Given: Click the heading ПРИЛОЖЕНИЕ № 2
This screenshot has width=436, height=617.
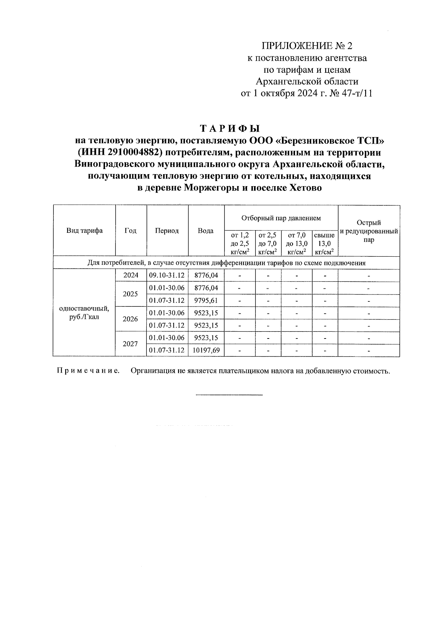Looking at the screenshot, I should pyautogui.click(x=307, y=46).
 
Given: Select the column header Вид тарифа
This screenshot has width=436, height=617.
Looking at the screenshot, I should pyautogui.click(x=84, y=231).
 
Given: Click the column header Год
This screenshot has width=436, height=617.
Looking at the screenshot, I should pyautogui.click(x=130, y=231).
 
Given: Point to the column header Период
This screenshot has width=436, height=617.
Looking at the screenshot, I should pyautogui.click(x=167, y=231).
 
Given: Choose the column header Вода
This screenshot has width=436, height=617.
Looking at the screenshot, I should pyautogui.click(x=206, y=231).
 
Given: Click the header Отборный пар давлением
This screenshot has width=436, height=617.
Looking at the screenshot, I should pyautogui.click(x=281, y=218).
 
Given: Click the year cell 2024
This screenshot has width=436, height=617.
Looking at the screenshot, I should pyautogui.click(x=131, y=275).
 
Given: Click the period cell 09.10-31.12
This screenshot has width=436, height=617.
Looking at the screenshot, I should pyautogui.click(x=167, y=275).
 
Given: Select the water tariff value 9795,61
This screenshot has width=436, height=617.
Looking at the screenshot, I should pyautogui.click(x=206, y=300).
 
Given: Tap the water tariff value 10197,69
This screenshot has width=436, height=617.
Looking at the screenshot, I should pyautogui.click(x=206, y=350).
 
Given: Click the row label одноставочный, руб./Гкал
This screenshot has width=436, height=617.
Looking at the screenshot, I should pyautogui.click(x=84, y=313).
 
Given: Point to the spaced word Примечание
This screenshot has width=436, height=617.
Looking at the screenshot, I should pyautogui.click(x=88, y=371).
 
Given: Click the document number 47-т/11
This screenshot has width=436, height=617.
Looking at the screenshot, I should pyautogui.click(x=358, y=93).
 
